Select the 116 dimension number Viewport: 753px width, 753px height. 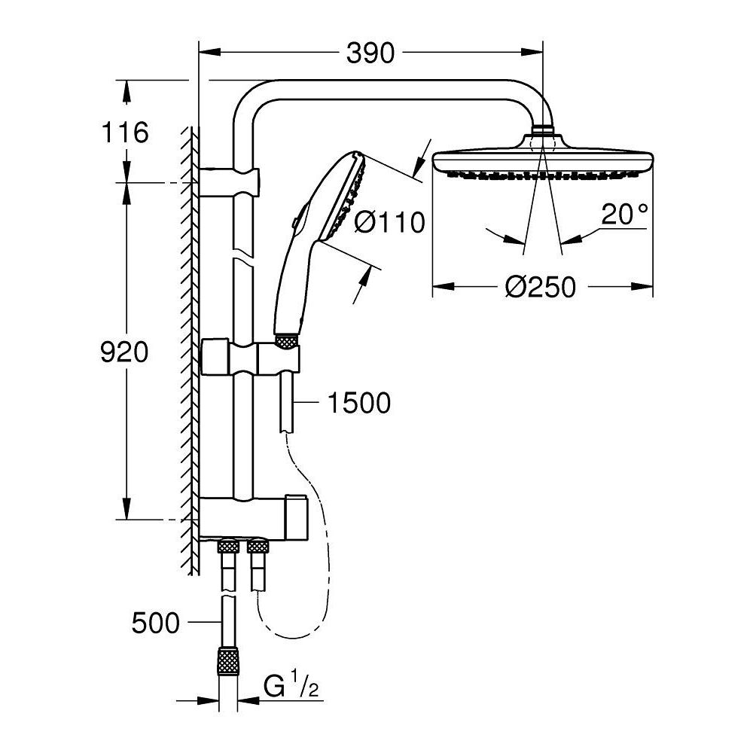(x=125, y=133)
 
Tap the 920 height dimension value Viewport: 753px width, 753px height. (x=125, y=352)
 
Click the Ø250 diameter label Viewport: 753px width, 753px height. (x=540, y=287)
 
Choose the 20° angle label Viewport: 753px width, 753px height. (x=624, y=215)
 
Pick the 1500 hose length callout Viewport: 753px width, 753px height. (x=358, y=404)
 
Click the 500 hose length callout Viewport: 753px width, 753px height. (x=156, y=623)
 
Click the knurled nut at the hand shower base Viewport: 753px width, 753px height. (x=286, y=343)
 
